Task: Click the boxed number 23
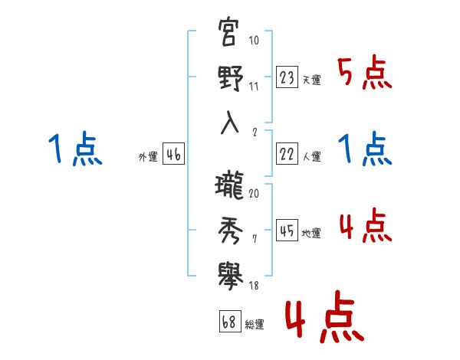coord(287,77)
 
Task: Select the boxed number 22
coord(287,153)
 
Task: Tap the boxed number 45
coord(287,230)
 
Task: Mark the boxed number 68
coord(228,322)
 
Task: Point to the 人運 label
coord(311,156)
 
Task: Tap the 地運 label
coord(311,233)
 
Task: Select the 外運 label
coord(148,156)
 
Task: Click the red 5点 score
coord(365,73)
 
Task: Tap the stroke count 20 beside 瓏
coord(254,193)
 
